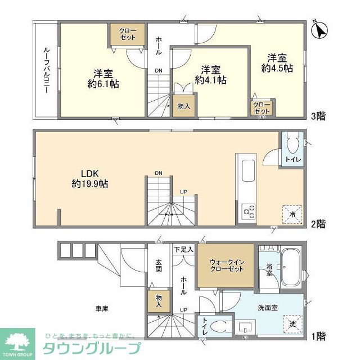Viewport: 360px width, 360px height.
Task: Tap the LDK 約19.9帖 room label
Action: [x=90, y=178]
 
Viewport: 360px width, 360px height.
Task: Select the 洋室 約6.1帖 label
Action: [x=102, y=78]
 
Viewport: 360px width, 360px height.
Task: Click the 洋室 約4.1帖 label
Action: [x=210, y=75]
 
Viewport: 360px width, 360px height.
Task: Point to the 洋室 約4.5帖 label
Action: [x=277, y=62]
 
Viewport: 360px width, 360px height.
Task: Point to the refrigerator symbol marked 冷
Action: [x=292, y=212]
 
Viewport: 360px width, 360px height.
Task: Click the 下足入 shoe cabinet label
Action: [x=183, y=249]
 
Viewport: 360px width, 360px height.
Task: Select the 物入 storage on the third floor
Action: [x=183, y=106]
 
